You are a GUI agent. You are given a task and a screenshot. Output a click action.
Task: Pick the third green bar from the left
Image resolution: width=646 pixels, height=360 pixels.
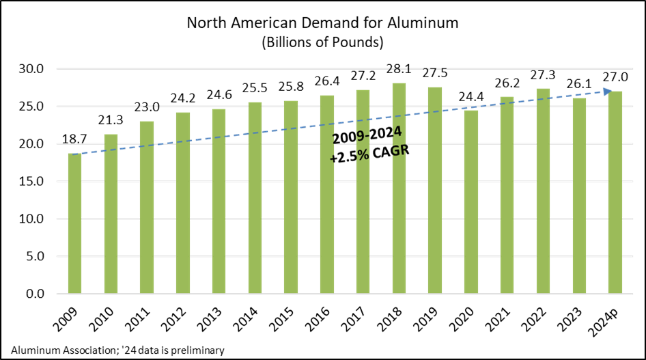[147, 208]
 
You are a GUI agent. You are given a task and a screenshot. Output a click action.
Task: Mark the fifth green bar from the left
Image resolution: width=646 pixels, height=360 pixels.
[219, 202]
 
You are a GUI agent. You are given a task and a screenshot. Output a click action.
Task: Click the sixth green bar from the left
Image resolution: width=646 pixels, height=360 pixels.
[255, 198]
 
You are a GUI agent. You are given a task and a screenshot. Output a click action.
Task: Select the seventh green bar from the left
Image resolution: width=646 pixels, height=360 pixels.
[291, 197]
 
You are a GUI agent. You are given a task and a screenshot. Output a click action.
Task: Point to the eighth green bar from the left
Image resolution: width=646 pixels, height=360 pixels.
[327, 195]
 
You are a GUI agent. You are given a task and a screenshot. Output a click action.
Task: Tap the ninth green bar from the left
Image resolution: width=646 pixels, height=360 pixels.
[363, 192]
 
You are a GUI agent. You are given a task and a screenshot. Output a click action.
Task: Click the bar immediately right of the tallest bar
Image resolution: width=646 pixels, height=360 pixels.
[435, 191]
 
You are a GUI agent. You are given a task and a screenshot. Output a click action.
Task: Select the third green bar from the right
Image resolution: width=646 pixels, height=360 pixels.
[543, 191]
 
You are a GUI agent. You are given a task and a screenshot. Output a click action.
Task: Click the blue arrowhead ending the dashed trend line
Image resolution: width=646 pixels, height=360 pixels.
[607, 92]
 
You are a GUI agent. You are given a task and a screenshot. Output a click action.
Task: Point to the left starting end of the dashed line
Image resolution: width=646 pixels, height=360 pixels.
[74, 154]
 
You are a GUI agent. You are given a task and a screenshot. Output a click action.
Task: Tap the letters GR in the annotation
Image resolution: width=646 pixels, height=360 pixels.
[399, 151]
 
